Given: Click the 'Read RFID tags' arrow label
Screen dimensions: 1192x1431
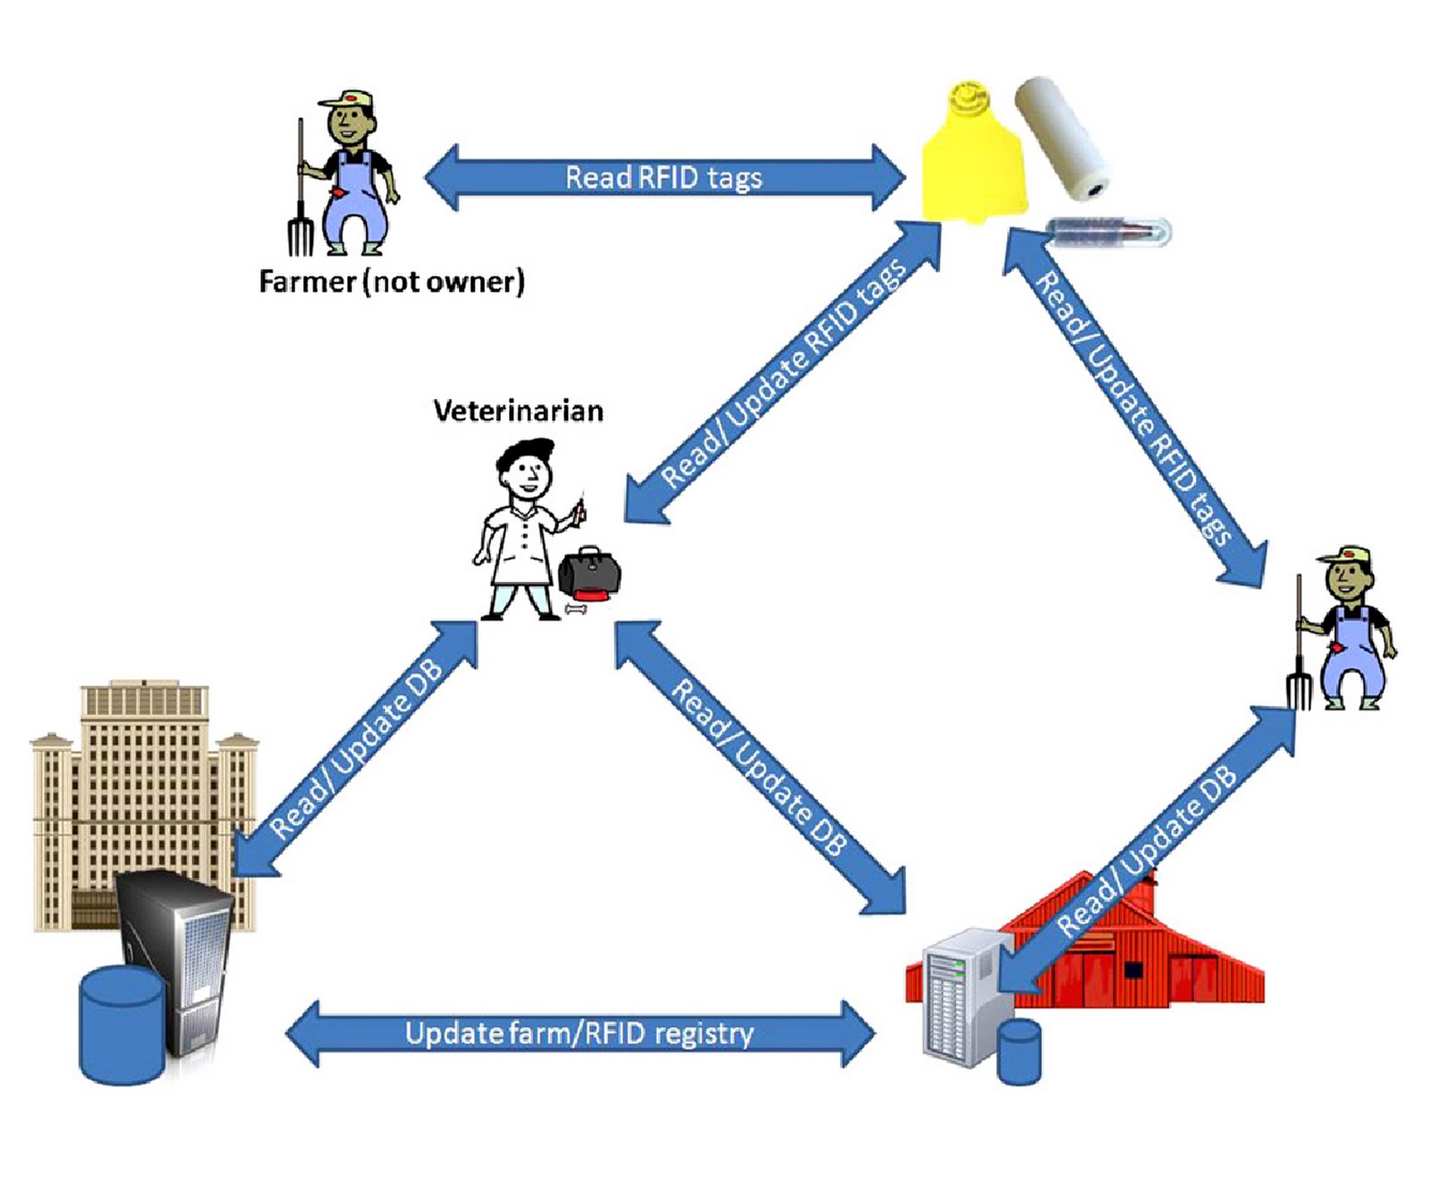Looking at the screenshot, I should [x=663, y=177].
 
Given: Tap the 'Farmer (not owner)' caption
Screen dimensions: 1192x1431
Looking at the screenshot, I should [x=391, y=282].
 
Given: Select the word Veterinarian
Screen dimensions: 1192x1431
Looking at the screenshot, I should [x=518, y=410].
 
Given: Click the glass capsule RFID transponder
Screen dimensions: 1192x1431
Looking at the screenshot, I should [x=1108, y=232].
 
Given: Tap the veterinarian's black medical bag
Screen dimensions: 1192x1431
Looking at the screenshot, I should [x=588, y=575].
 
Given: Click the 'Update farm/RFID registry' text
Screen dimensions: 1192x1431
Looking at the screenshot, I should [x=579, y=1034].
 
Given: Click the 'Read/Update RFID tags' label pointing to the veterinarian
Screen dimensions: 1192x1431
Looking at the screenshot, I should [x=783, y=373].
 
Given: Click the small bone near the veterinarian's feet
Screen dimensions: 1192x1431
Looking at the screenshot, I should [x=575, y=610].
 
